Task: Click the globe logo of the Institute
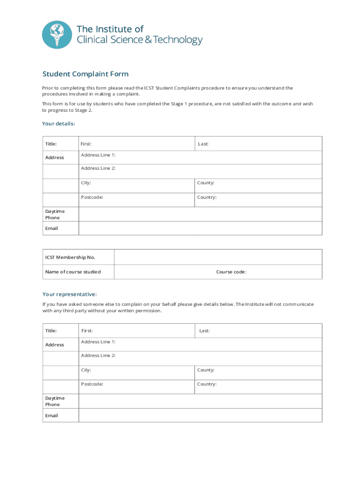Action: point(57,35)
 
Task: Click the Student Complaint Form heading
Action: point(85,74)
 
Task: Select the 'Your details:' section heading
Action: point(58,123)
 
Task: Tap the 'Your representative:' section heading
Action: point(70,294)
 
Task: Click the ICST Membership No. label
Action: point(70,257)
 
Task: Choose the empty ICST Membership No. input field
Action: point(218,257)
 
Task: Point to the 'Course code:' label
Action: point(231,272)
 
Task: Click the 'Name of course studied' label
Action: point(72,272)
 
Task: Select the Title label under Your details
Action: point(51,144)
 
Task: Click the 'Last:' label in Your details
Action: point(203,144)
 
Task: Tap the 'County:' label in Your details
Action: point(206,183)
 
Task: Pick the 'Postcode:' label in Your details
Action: point(92,197)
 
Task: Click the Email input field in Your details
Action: point(200,228)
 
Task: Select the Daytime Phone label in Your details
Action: point(55,214)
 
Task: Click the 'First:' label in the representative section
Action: point(87,331)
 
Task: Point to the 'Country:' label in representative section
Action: point(207,384)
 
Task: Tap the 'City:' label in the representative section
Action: point(86,370)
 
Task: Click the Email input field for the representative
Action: point(200,415)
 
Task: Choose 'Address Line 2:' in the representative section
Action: point(98,356)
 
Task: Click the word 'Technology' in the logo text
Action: point(178,40)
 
